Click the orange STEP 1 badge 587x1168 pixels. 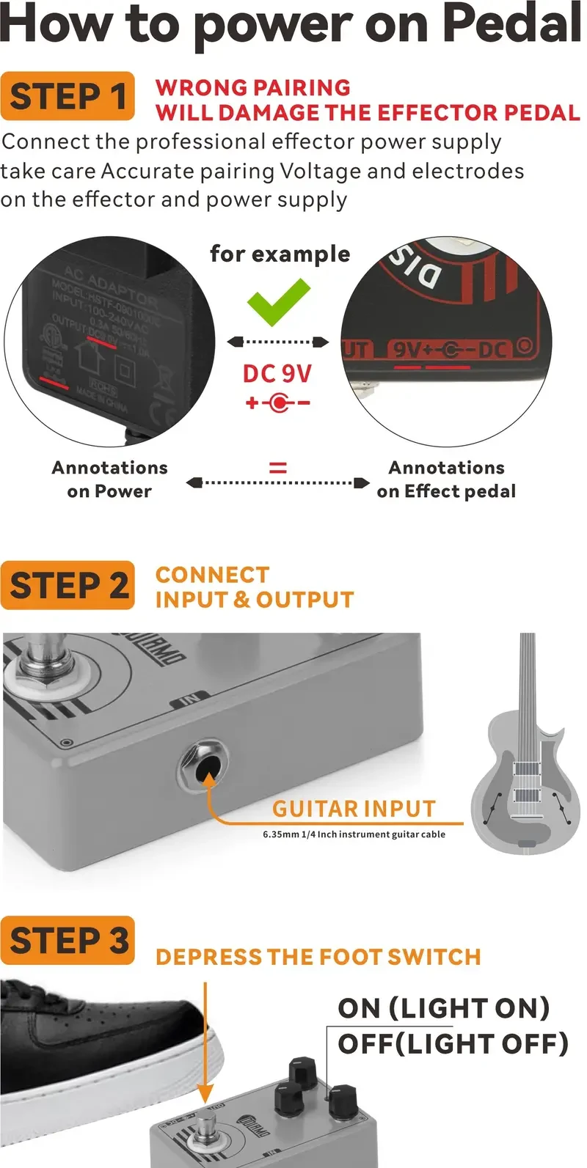click(68, 96)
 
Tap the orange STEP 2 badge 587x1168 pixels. click(68, 585)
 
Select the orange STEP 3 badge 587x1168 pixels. click(68, 941)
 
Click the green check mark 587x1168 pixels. click(278, 302)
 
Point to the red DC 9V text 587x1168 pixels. click(277, 373)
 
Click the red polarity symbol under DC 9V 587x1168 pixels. click(277, 403)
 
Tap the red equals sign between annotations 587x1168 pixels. click(277, 467)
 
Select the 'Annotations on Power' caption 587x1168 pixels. click(109, 479)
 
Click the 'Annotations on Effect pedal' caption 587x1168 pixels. click(446, 479)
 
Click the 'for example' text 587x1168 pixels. click(280, 254)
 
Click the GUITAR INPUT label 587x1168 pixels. click(354, 809)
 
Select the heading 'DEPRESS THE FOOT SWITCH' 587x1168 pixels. click(318, 957)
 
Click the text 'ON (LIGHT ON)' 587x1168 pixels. click(443, 1008)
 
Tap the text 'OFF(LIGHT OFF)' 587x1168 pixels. click(453, 1043)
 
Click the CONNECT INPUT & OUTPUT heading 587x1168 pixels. click(254, 587)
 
